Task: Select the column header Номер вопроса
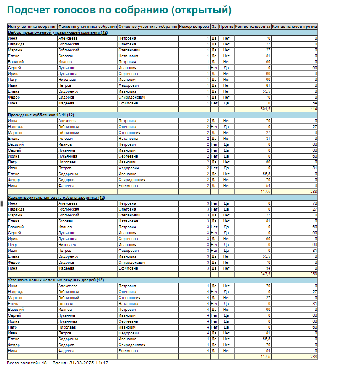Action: click(194, 27)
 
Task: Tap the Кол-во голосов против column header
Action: click(294, 27)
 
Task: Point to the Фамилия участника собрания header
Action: click(88, 27)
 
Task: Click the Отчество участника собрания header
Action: click(148, 27)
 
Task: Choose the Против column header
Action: click(226, 27)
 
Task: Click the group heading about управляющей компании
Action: click(58, 32)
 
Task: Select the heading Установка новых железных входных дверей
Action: click(56, 280)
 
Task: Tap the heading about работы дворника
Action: click(56, 198)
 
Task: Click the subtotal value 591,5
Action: click(265, 109)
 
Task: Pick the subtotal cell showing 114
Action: click(313, 109)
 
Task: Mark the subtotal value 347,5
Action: click(265, 274)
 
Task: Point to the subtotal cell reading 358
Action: click(313, 274)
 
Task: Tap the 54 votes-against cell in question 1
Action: click(314, 103)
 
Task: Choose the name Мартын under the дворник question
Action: click(15, 215)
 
